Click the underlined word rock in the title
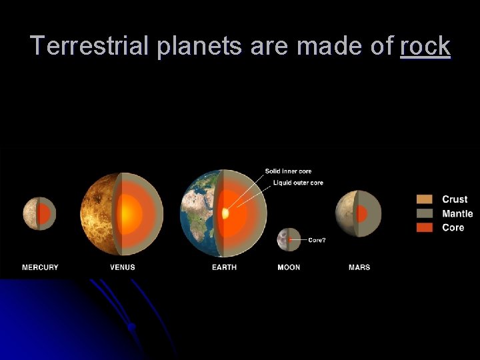(425, 46)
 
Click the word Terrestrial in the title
(91, 46)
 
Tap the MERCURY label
(40, 267)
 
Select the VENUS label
(123, 267)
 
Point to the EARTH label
(224, 267)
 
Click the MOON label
(289, 267)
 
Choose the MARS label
(359, 267)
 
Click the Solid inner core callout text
(288, 171)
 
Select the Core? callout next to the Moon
(317, 239)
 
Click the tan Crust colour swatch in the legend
(424, 199)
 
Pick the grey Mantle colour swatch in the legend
(424, 213)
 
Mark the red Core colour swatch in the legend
(424, 227)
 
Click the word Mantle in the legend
(457, 213)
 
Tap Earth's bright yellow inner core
(225, 214)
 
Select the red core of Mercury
(44, 214)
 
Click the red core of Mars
(362, 214)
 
